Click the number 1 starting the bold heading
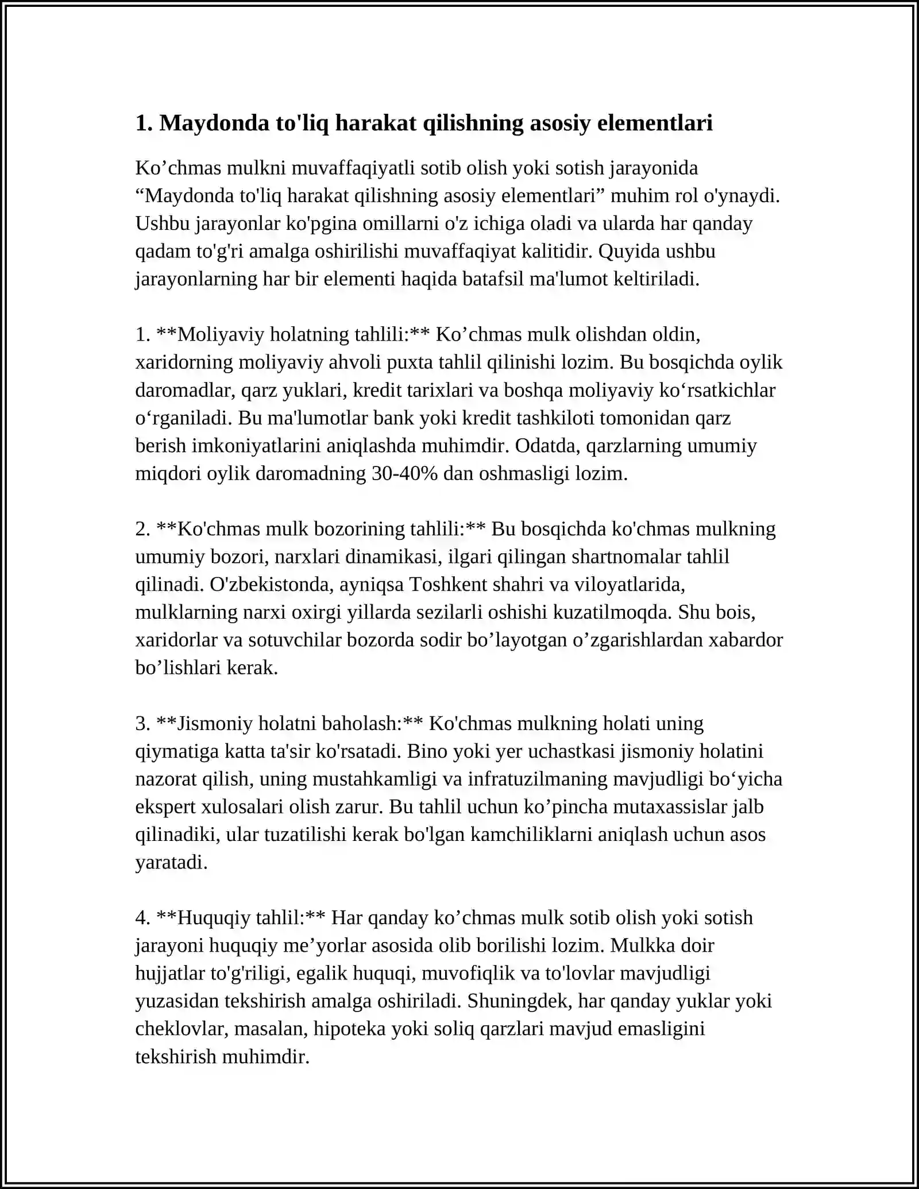click(141, 123)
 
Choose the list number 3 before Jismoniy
click(142, 723)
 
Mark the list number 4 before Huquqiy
click(142, 917)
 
